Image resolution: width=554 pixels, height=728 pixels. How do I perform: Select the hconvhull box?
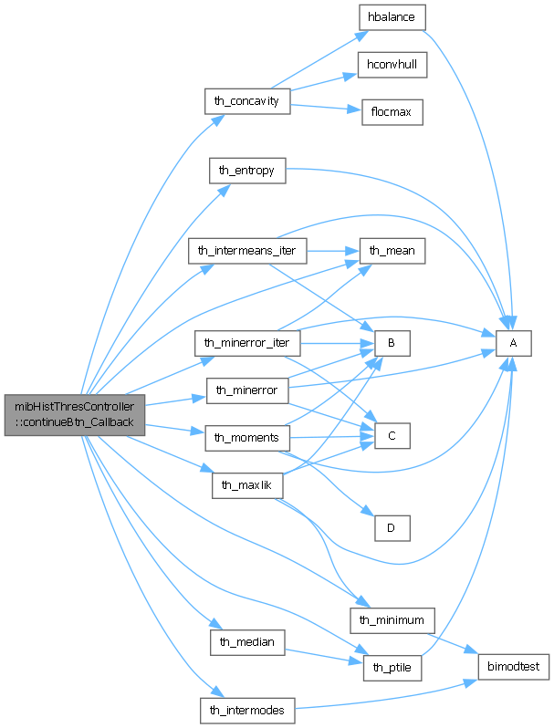click(392, 66)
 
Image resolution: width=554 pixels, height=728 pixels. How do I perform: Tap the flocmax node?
click(392, 112)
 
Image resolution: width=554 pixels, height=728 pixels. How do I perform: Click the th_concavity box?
click(248, 100)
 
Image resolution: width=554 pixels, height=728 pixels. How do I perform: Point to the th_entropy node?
click(247, 170)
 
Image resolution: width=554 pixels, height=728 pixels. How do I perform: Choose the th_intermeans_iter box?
click(247, 250)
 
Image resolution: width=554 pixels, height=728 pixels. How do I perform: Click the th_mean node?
click(392, 249)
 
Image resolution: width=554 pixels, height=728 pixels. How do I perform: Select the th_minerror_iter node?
click(247, 344)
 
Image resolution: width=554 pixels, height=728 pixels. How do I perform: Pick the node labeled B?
click(392, 343)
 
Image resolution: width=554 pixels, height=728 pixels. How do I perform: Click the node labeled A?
click(513, 343)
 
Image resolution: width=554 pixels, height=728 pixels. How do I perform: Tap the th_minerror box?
click(247, 390)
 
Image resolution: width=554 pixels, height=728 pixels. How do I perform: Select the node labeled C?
click(392, 436)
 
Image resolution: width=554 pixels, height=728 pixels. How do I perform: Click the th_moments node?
click(246, 438)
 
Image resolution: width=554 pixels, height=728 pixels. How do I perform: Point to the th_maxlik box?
click(246, 484)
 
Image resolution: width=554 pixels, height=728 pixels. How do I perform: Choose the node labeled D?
click(392, 526)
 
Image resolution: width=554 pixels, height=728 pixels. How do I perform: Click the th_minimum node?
click(392, 620)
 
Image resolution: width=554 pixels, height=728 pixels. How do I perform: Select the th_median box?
click(247, 641)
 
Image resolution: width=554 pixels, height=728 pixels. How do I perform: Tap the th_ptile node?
click(392, 668)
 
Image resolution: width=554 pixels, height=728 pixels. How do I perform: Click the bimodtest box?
click(514, 667)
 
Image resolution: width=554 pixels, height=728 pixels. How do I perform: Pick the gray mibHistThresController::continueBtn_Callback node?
click(74, 414)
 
